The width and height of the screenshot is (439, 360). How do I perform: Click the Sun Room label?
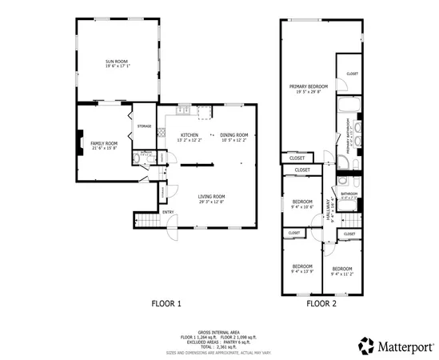click(117, 61)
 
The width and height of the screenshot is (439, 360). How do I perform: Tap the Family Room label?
click(104, 143)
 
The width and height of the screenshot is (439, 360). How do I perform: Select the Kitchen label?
click(190, 134)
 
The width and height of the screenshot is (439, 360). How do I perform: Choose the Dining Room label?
click(234, 134)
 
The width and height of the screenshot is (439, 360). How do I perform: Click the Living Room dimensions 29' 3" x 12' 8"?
click(212, 202)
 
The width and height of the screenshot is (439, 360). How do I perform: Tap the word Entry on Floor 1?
click(168, 212)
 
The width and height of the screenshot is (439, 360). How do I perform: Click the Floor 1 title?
click(167, 303)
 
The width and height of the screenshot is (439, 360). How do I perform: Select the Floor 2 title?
click(321, 303)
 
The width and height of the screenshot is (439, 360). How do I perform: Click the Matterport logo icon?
click(366, 345)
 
